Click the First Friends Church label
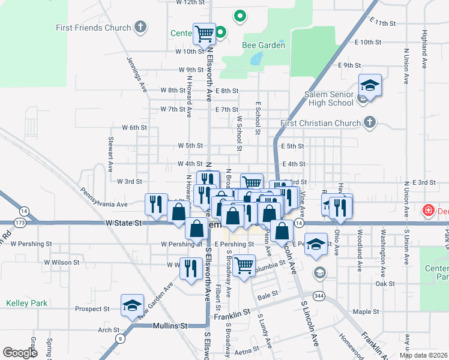click(x=93, y=28)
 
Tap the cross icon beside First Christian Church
click(x=370, y=123)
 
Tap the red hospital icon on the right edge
click(x=429, y=211)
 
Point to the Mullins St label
click(x=170, y=326)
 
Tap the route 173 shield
click(x=20, y=223)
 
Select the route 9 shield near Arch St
click(x=121, y=338)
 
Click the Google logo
click(x=20, y=353)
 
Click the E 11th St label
click(x=384, y=22)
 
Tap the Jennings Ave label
click(x=137, y=74)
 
